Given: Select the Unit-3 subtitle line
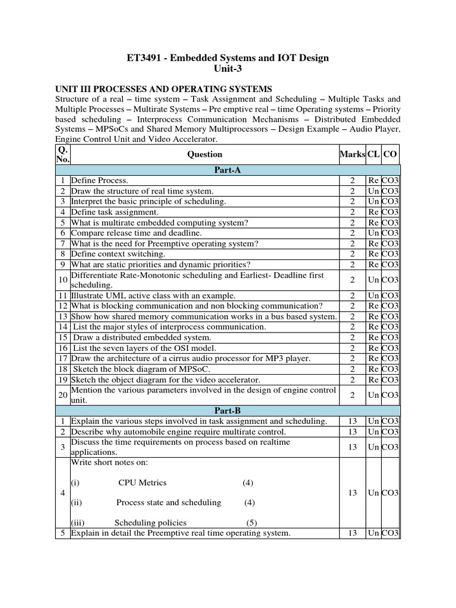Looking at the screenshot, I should (x=227, y=69).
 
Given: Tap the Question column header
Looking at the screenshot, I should (x=204, y=154).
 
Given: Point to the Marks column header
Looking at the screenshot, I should (x=352, y=154).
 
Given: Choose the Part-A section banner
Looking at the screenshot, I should (x=227, y=170).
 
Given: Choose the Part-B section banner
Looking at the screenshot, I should (x=227, y=410).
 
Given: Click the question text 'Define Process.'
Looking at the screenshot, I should (x=99, y=180).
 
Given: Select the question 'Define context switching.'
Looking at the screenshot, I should (x=114, y=254).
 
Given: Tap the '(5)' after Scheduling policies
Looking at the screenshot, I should (x=252, y=522).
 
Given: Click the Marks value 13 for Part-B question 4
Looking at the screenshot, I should (x=352, y=493).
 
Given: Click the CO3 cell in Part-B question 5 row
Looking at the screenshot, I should (x=390, y=533).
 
